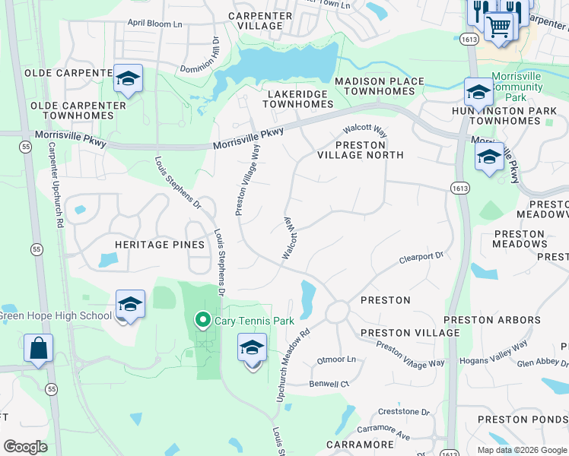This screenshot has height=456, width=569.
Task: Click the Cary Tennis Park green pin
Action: point(202,321)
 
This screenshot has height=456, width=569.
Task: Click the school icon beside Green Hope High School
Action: point(130,305)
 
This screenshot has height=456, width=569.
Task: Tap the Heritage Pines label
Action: point(160,245)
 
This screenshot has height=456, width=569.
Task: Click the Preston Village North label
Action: point(360,150)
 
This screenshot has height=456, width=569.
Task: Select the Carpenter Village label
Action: point(259,21)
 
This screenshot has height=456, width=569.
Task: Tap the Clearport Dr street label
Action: point(421,258)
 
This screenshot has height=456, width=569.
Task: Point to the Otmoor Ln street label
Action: point(336,359)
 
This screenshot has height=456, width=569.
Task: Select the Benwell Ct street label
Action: point(329,384)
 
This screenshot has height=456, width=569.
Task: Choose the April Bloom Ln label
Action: point(155,24)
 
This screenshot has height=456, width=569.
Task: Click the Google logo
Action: point(25,447)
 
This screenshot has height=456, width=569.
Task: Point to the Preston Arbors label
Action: point(491,320)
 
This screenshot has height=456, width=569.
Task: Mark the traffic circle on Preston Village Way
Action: point(338,312)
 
